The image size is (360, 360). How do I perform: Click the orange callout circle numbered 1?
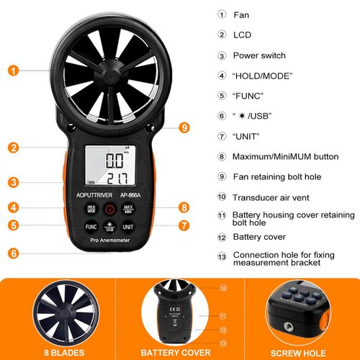coord(14,71)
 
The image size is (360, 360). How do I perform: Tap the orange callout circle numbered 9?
coord(185,127)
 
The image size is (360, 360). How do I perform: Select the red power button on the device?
coord(109,210)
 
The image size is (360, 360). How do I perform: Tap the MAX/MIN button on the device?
coord(130,209)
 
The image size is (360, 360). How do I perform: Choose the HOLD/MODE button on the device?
coord(91,209)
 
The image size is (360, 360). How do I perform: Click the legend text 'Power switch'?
coord(259,55)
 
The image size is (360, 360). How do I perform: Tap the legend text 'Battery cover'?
coord(259,236)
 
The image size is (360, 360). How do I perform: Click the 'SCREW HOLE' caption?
coord(302,352)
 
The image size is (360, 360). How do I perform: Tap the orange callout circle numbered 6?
coord(14,253)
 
